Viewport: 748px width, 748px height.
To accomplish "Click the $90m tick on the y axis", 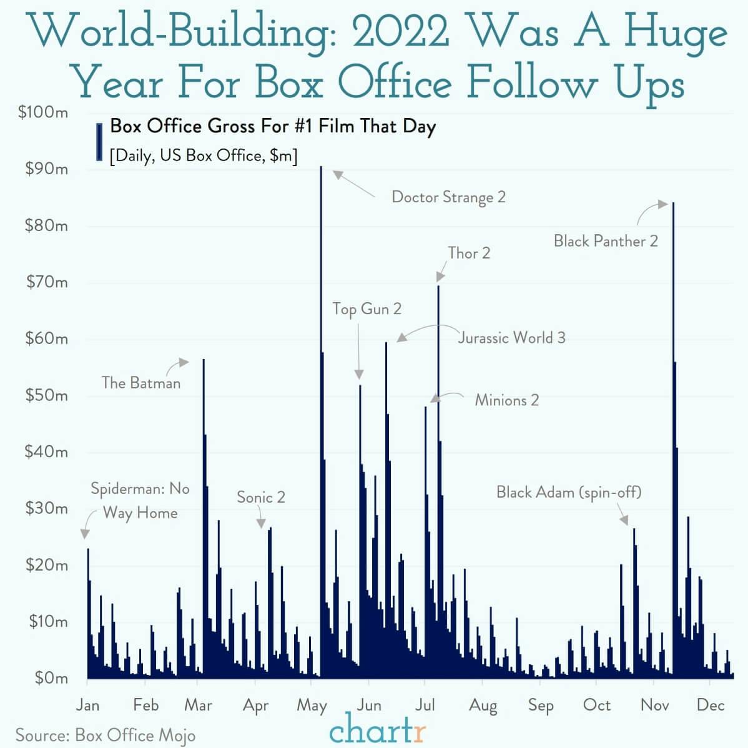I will (46, 169).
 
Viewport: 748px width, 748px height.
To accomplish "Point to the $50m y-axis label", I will (46, 395).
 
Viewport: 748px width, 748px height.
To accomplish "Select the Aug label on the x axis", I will (483, 705).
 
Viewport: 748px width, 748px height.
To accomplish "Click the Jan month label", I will (87, 705).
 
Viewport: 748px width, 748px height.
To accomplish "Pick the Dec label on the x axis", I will (711, 705).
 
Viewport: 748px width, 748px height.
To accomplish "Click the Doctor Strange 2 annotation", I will (448, 197).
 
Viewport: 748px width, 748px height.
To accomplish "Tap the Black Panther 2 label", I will (606, 241).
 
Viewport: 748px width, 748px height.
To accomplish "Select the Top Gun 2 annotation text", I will (367, 308).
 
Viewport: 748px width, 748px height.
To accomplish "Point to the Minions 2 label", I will (506, 400).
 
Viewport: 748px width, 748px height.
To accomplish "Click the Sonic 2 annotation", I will (261, 497).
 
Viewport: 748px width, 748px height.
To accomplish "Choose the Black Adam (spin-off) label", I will (569, 492).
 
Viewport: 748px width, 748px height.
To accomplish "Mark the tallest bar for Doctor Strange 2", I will (321, 375).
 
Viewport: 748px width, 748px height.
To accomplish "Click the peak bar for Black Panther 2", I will (673, 406).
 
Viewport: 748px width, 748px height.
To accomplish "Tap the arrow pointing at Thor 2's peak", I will (441, 273).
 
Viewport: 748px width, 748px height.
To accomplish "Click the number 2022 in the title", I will (400, 32).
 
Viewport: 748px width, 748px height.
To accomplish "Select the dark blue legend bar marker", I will (99, 142).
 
